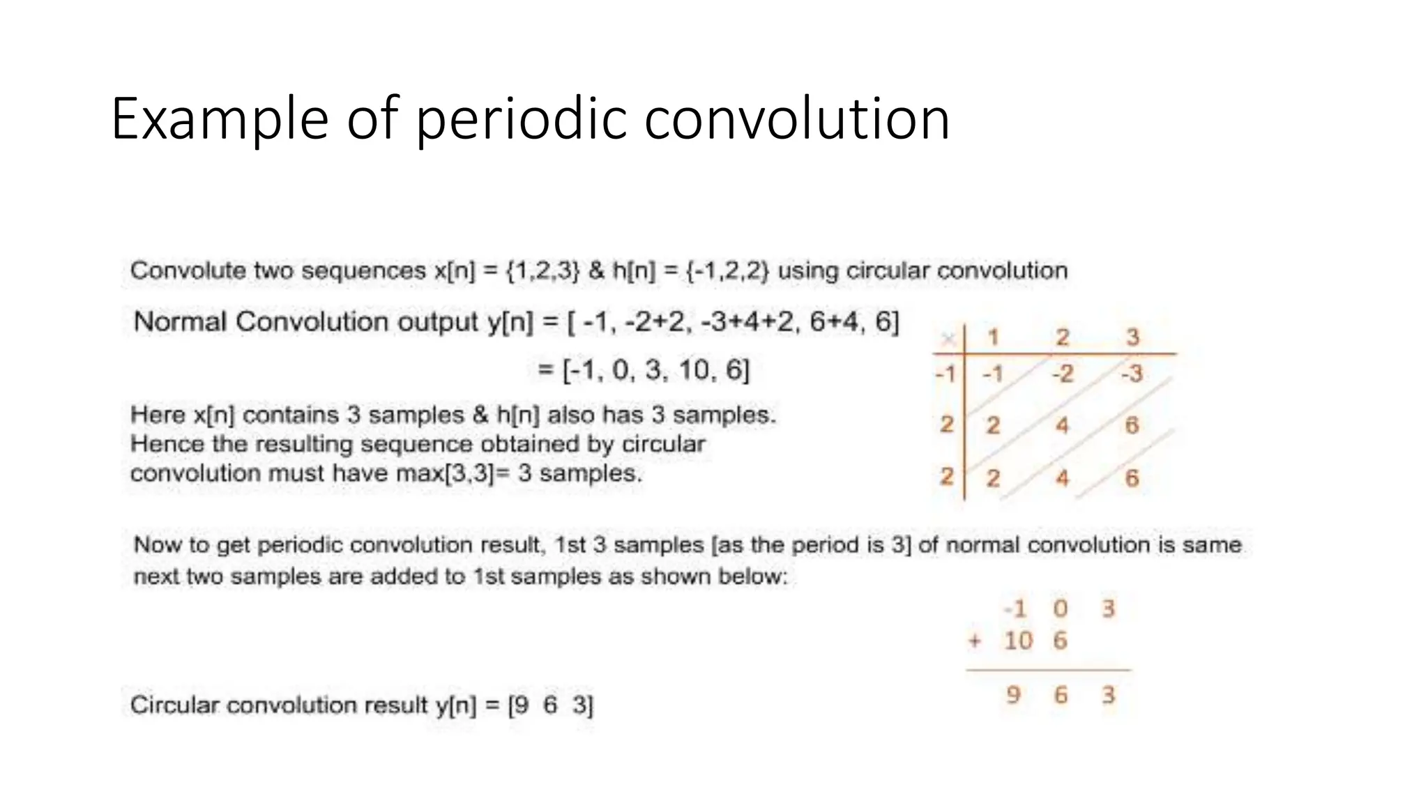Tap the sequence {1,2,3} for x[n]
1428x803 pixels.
click(542, 270)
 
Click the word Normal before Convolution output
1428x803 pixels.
click(180, 322)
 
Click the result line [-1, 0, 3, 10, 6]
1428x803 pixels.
click(655, 369)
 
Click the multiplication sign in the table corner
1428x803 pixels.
click(948, 339)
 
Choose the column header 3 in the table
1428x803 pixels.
click(1132, 337)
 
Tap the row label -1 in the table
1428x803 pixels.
click(945, 374)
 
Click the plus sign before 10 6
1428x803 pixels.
click(975, 641)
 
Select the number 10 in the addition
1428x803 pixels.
click(1018, 641)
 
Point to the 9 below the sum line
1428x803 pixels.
click(1013, 694)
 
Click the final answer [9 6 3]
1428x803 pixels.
click(551, 705)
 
